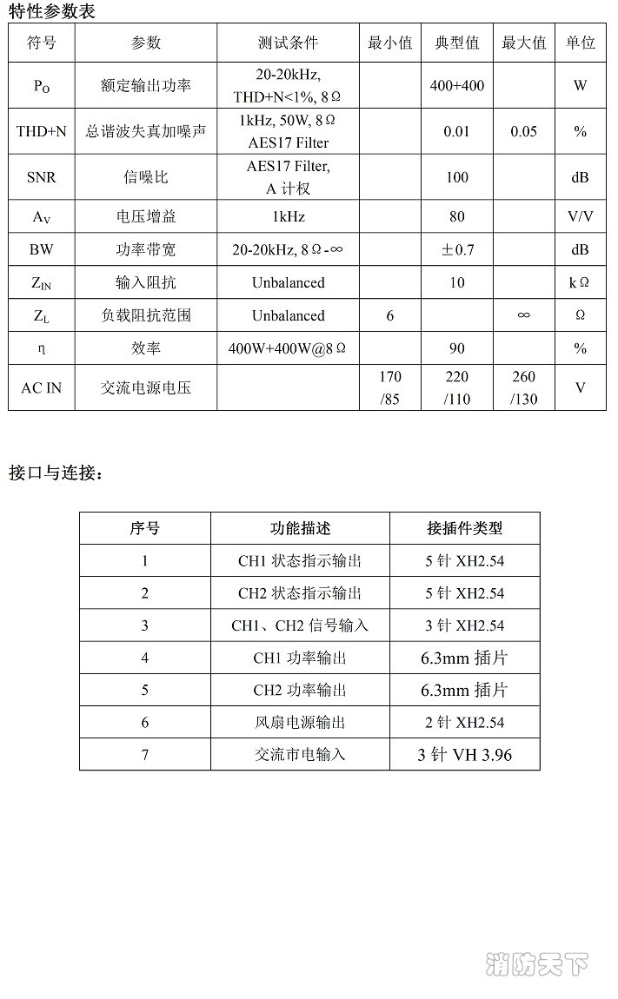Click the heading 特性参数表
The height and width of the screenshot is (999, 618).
point(52,11)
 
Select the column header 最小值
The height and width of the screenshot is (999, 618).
point(390,43)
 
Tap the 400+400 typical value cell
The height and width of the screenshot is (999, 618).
point(456,85)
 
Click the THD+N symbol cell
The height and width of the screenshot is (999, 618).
point(41,132)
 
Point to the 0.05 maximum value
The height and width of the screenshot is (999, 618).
point(523,132)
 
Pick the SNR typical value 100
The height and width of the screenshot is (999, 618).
point(456,177)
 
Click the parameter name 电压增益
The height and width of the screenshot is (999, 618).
point(146,216)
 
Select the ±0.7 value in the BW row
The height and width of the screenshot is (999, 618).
point(457,250)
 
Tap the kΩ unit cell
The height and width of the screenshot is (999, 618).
point(580,282)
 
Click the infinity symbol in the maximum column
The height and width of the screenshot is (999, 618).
point(523,315)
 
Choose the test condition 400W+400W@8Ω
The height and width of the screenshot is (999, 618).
point(288,348)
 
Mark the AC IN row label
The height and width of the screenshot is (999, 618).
point(41,388)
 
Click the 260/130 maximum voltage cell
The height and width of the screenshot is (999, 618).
point(523,388)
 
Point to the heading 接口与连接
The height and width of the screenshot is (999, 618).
point(56,473)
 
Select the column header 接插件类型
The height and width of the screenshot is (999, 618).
point(464,528)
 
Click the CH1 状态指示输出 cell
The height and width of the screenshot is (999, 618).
point(300,561)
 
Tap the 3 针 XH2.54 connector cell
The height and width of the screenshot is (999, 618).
point(464,625)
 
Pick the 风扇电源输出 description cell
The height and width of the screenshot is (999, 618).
point(300,722)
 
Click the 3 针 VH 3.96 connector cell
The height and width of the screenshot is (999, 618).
point(464,754)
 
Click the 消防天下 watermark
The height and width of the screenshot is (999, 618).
point(537,964)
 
